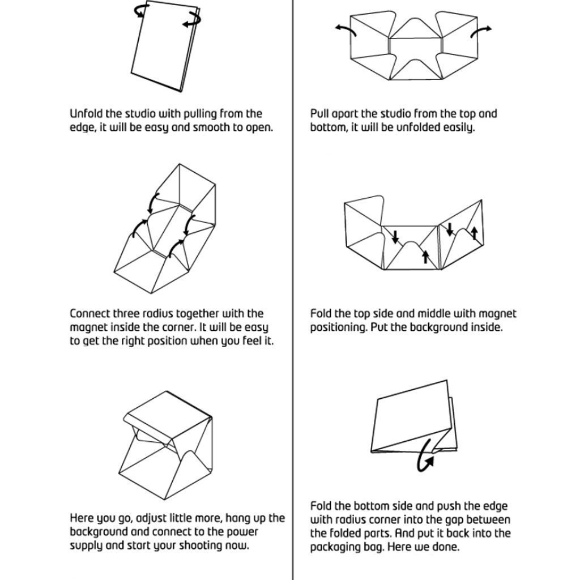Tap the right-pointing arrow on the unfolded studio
pos(481,32)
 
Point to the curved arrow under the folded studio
pos(425,456)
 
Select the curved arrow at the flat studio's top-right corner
pos(193,19)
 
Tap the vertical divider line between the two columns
pos(293,290)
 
